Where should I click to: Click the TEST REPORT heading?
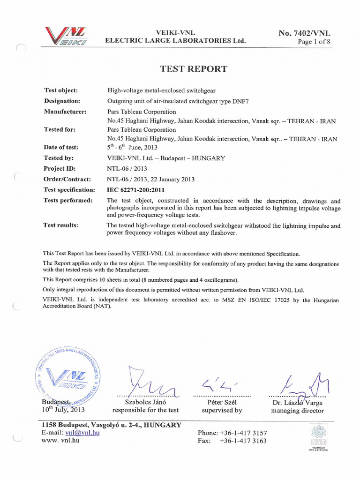(194, 69)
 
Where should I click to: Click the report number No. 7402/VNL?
(305, 33)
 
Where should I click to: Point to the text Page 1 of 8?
(315, 42)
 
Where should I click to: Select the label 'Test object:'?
(61, 90)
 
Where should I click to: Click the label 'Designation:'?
(62, 101)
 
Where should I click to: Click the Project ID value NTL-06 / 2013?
(127, 169)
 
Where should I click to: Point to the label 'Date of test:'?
(61, 147)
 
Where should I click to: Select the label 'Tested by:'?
(59, 158)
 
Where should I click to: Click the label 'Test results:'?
(61, 225)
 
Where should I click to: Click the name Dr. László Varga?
(298, 403)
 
